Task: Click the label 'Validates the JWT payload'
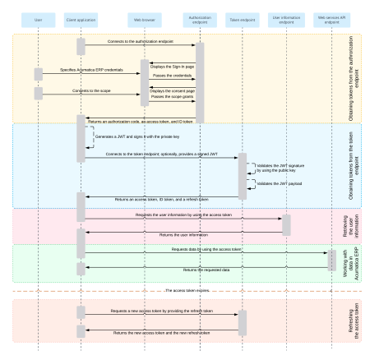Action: tap(274, 183)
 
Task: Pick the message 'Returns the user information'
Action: tap(182, 235)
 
